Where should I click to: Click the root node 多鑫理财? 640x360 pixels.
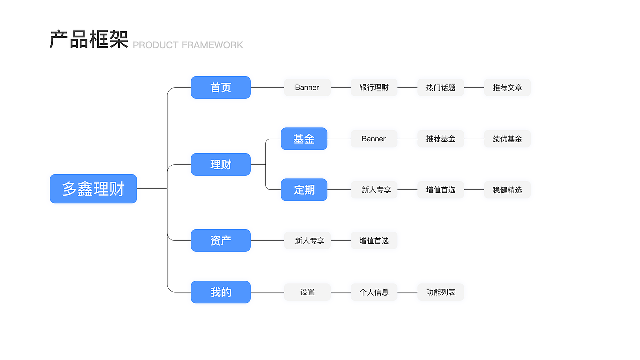[x=93, y=189]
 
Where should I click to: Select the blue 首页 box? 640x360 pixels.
[x=220, y=87]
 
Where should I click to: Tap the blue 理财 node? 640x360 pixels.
[x=220, y=164]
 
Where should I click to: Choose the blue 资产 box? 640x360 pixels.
[x=220, y=240]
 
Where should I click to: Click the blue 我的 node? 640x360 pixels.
[x=220, y=292]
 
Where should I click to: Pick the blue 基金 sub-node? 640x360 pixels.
[x=304, y=139]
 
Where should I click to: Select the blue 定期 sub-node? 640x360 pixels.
[x=304, y=190]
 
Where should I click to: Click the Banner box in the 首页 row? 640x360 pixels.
[x=307, y=87]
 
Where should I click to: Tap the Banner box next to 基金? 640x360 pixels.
[x=374, y=139]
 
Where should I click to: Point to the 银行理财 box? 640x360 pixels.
[x=374, y=87]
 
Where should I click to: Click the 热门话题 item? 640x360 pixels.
[x=441, y=87]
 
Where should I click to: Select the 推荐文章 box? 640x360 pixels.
[x=507, y=87]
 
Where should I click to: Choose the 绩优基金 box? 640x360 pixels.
[x=507, y=139]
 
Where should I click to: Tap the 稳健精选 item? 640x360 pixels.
[x=507, y=190]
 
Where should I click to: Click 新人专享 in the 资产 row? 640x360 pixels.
[x=307, y=240]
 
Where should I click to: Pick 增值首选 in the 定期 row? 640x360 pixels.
[x=441, y=190]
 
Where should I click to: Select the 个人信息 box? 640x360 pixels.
[x=374, y=292]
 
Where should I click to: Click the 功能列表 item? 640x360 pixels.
[x=441, y=292]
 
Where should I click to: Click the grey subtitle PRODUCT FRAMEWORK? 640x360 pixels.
[x=188, y=45]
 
